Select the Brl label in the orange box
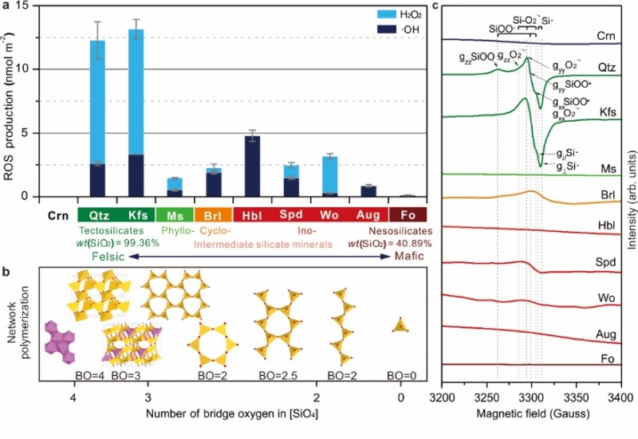click(214, 215)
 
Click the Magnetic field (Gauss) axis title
click(530, 414)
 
